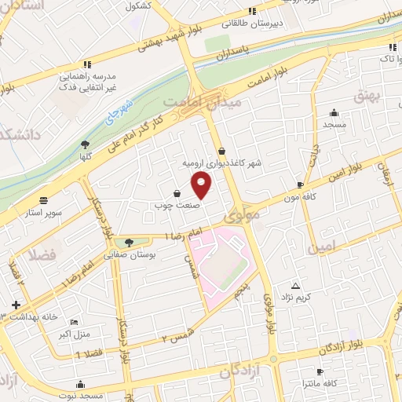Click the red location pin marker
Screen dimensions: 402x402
click(x=202, y=185)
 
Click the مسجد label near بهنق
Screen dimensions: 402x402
click(x=334, y=124)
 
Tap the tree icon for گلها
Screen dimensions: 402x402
click(x=85, y=144)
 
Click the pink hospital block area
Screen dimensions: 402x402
click(x=223, y=263)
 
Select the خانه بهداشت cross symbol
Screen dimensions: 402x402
click(x=16, y=304)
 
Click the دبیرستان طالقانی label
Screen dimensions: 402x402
click(x=252, y=24)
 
